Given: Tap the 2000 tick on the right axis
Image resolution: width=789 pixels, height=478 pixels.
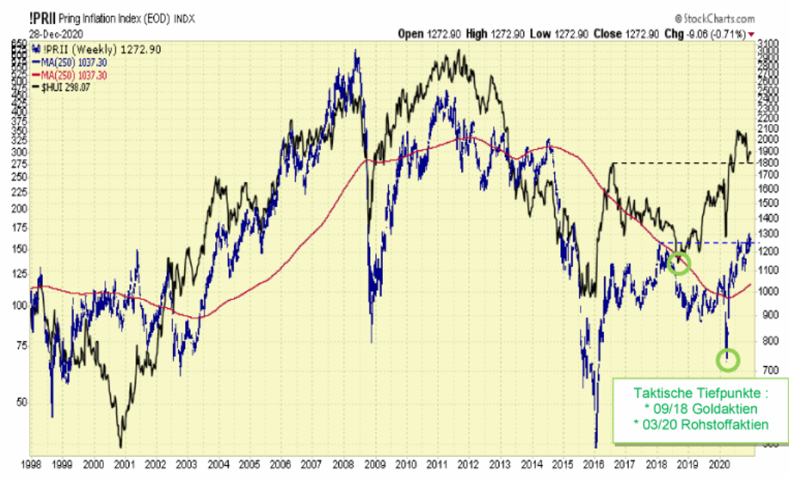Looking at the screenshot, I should tap(767, 140).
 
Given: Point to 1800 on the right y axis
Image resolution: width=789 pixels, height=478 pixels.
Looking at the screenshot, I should tap(767, 162).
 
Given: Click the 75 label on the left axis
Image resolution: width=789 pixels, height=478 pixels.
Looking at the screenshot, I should tap(21, 346).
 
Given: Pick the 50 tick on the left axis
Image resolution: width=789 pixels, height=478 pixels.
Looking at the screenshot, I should tap(21, 403).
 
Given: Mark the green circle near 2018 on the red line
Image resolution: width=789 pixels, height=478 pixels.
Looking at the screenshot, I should tap(679, 264).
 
